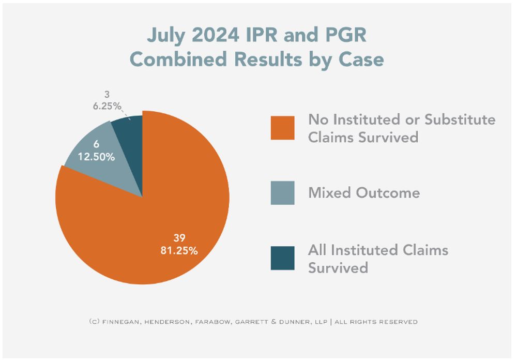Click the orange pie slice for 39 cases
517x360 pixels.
[x=155, y=228]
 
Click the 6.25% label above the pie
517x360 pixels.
[x=108, y=106]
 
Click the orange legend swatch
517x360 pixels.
[x=282, y=128]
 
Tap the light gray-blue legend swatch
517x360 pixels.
[x=282, y=192]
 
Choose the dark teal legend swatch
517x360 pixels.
[x=282, y=258]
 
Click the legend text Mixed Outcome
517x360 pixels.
[x=364, y=193]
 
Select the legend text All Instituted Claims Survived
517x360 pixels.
[x=378, y=259]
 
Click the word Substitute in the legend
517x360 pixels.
[x=460, y=119]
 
